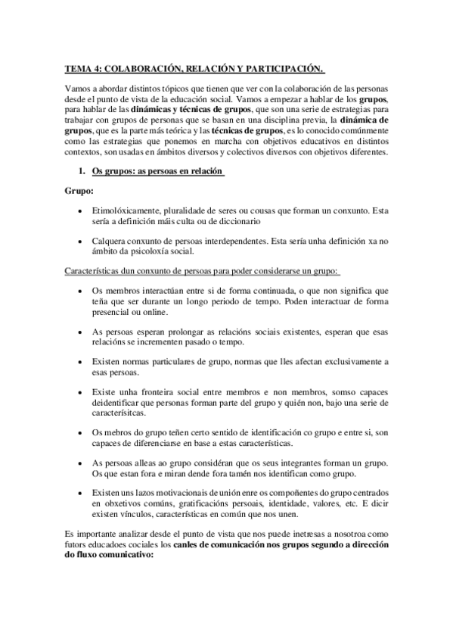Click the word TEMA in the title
point(77,70)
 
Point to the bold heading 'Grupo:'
point(77,192)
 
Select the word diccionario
point(237,223)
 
